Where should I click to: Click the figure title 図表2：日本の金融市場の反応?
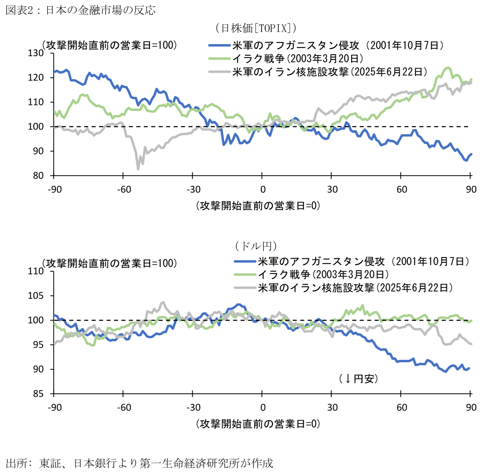(81, 10)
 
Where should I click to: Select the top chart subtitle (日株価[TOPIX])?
(255, 28)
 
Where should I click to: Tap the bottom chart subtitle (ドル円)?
(255, 246)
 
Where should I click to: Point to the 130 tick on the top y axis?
(36, 53)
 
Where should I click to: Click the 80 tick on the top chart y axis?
(38, 176)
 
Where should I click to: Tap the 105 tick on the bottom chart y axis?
(36, 296)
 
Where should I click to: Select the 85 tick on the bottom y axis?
(38, 394)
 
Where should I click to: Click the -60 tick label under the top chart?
(123, 190)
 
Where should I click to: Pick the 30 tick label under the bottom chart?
(332, 408)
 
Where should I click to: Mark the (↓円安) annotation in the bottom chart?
(358, 379)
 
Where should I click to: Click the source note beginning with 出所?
(139, 464)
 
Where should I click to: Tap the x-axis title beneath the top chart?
(258, 206)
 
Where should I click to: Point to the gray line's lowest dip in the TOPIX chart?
(138, 169)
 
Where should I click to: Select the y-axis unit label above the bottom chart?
(110, 264)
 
